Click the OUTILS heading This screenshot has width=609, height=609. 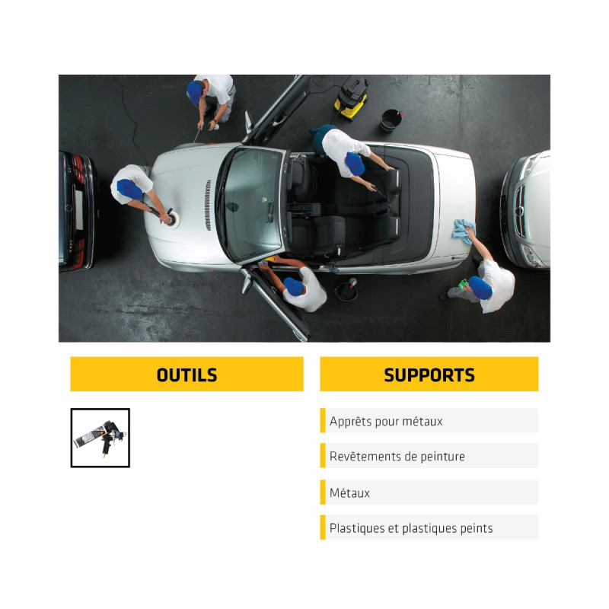pos(187,375)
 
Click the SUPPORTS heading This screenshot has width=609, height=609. pos(429,375)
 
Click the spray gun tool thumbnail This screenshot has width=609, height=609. pos(100,438)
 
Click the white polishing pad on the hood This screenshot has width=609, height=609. pos(173,218)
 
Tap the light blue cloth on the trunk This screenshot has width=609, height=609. pos(464,231)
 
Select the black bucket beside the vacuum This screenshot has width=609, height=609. pos(391,120)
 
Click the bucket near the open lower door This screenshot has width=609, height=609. pos(346,290)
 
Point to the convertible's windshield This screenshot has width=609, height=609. pos(253,205)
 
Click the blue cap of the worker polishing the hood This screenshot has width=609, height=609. pos(129,189)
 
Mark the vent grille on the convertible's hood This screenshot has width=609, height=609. pos(208,205)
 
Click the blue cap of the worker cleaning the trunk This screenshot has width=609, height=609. pos(480,288)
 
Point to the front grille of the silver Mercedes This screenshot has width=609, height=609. pos(519,210)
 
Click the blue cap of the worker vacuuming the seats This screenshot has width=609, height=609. pos(355,164)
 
